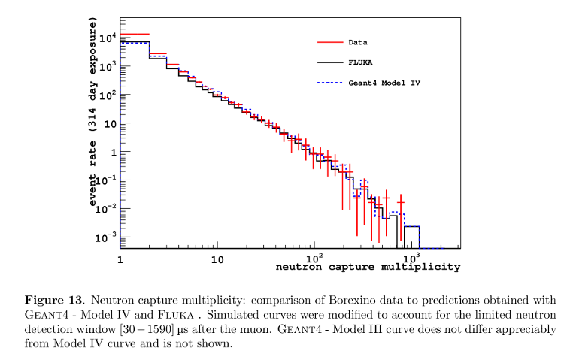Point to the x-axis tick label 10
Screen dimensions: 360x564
pyautogui.click(x=217, y=260)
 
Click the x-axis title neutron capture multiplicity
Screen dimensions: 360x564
pyautogui.click(x=368, y=267)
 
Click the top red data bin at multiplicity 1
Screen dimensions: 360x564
pyautogui.click(x=135, y=34)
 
